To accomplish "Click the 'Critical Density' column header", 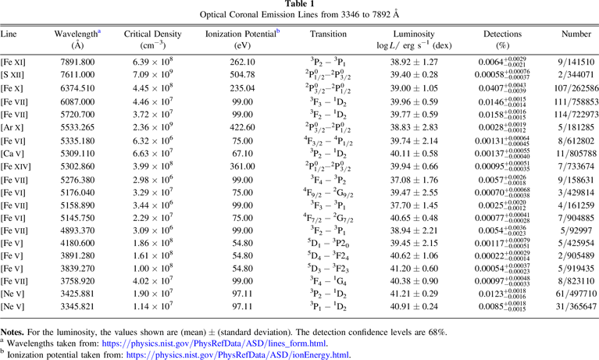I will (153, 34).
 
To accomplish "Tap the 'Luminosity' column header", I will (414, 34).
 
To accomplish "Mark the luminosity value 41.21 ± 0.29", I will (414, 293).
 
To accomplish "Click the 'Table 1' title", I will (299, 5).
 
